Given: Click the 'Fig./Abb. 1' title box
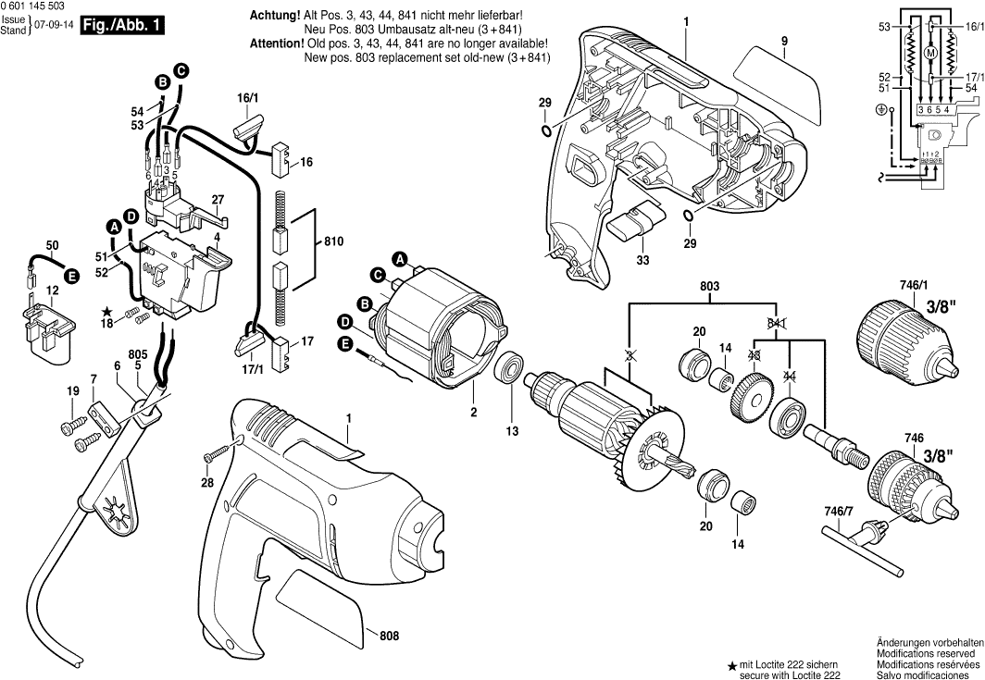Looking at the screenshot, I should pos(121,25).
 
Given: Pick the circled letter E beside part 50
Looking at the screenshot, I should pos(70,276).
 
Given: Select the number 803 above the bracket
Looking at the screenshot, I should pos(709,288).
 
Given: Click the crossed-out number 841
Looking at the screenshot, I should pos(777,322).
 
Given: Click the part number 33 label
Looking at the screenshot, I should pos(641,262).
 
